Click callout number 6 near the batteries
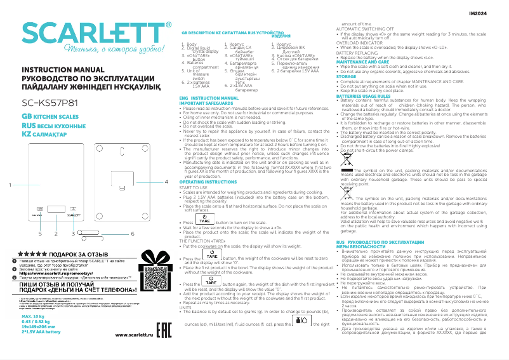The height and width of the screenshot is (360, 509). pos(133,234)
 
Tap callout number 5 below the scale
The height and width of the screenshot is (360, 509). pos(39,234)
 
